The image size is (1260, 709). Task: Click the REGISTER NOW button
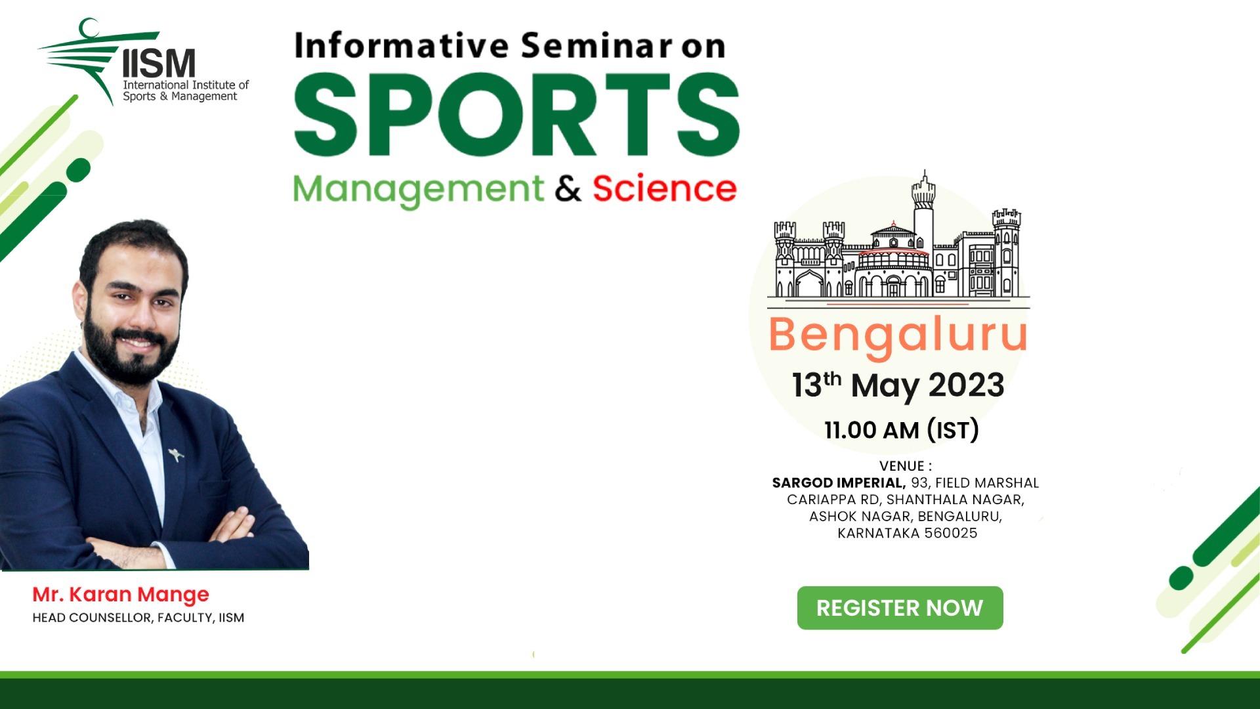900,608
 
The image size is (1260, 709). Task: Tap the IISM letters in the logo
159,64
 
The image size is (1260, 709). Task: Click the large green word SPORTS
516,115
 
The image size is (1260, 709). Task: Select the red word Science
664,189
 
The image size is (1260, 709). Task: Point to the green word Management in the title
418,190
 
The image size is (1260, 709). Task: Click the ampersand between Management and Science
568,189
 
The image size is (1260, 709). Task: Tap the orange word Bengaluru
898,335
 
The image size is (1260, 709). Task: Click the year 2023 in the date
966,385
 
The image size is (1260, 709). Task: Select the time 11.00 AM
871,430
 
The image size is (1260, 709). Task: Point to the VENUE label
905,466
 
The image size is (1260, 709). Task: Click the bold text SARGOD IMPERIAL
838,483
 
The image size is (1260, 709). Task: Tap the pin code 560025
950,533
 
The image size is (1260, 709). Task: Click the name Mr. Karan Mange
121,594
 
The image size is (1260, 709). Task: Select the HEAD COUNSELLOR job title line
138,618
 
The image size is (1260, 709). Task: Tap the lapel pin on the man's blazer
175,454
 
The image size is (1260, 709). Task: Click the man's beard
129,358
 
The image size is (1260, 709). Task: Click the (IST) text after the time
953,430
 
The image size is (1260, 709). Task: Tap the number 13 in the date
807,385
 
